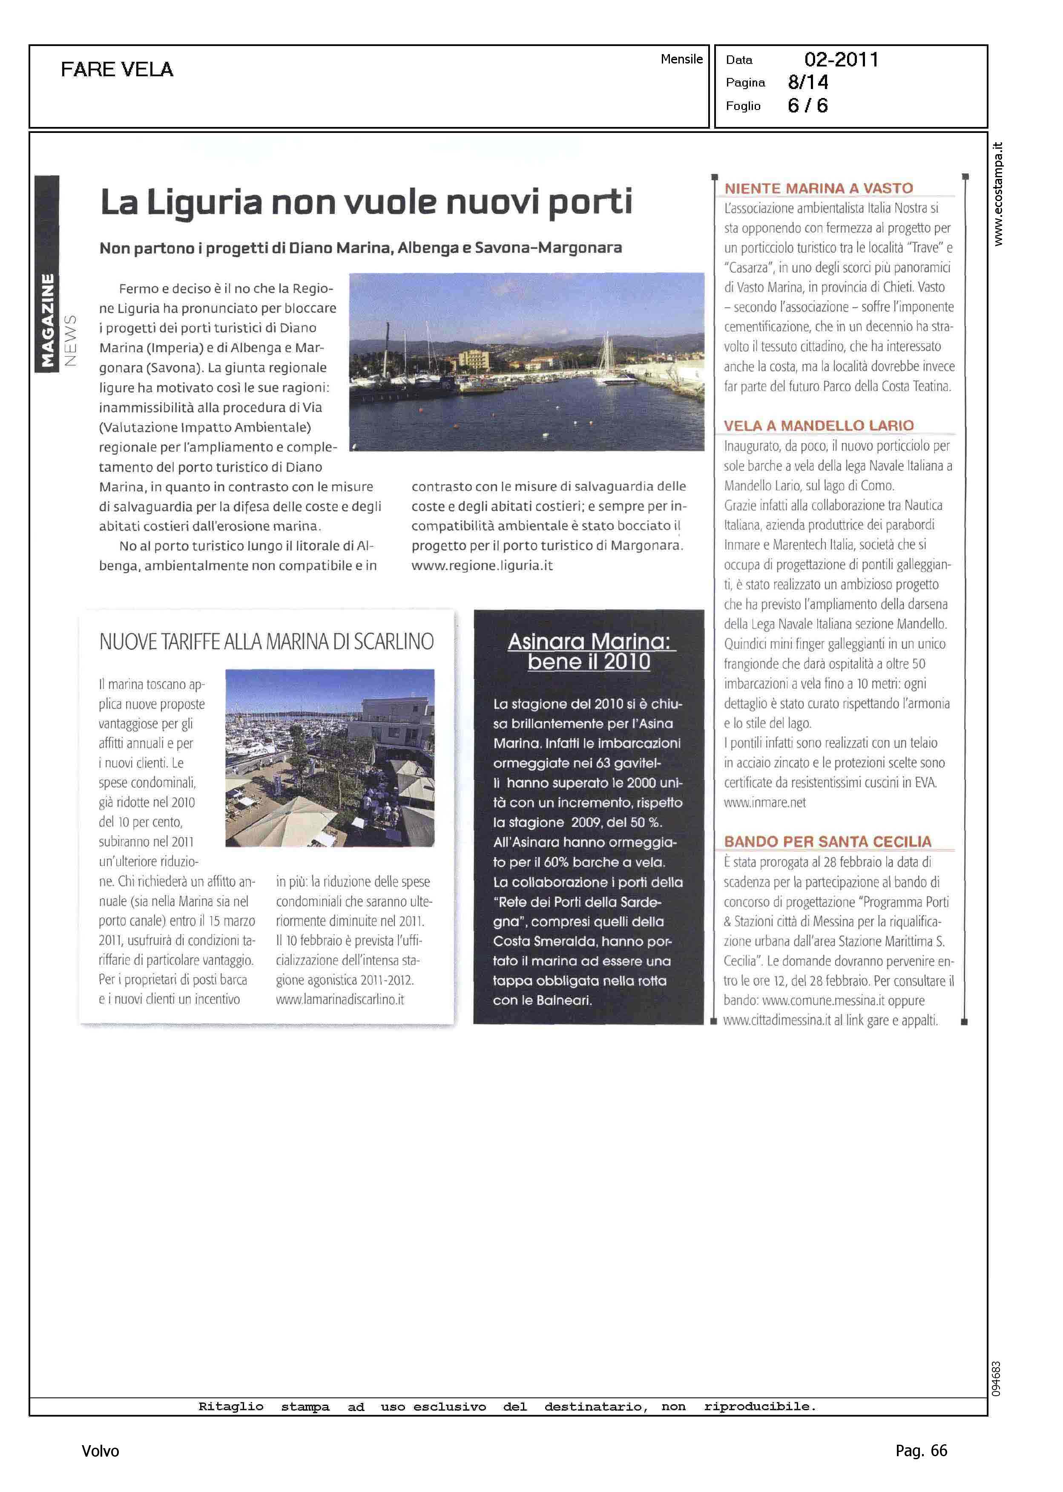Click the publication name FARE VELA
117,69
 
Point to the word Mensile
681,59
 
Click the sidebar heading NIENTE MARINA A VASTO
818,189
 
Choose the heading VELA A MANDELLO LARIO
818,426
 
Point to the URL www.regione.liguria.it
482,566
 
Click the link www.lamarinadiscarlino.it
340,999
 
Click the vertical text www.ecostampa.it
997,194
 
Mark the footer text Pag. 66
921,1450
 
